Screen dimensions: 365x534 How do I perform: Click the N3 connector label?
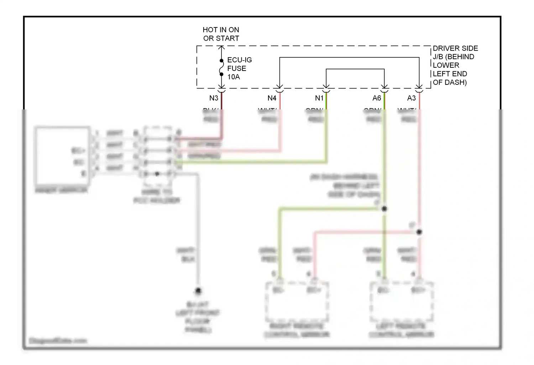(x=214, y=98)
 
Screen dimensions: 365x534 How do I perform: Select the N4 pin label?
(x=272, y=98)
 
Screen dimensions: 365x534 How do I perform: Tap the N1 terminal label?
(x=319, y=98)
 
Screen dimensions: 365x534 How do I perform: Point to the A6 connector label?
(x=377, y=98)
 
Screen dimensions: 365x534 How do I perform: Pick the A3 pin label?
(x=411, y=98)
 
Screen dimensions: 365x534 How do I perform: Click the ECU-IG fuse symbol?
(x=221, y=68)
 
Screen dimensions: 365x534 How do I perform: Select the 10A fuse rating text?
(x=234, y=77)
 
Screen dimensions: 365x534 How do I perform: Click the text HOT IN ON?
(x=221, y=30)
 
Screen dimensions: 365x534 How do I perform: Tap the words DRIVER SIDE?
(x=455, y=48)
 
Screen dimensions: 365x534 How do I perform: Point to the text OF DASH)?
(x=450, y=82)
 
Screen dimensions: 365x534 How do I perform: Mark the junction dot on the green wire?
(x=384, y=209)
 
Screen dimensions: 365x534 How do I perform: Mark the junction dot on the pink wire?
(x=419, y=232)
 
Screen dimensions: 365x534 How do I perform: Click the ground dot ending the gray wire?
(x=198, y=291)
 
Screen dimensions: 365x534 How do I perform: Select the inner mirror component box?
(x=62, y=156)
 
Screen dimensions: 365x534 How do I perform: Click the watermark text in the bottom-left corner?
(x=58, y=341)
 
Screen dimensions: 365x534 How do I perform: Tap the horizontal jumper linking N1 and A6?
(x=355, y=69)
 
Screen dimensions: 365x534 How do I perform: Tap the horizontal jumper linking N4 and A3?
(x=349, y=57)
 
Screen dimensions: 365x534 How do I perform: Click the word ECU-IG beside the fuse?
(x=239, y=60)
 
